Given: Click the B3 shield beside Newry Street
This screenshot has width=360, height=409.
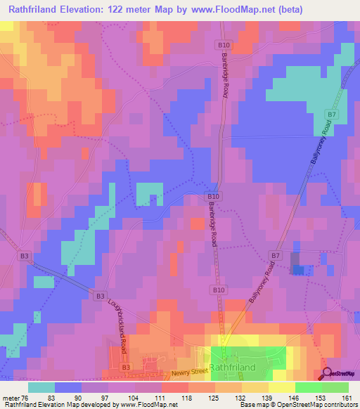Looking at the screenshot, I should (x=126, y=367).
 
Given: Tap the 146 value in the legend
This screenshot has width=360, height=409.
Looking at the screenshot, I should (x=294, y=398).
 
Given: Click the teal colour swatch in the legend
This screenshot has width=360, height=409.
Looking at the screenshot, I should (x=41, y=387).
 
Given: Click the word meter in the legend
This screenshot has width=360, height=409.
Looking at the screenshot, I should (x=11, y=398).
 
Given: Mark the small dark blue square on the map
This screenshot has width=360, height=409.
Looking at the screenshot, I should (x=298, y=270).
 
